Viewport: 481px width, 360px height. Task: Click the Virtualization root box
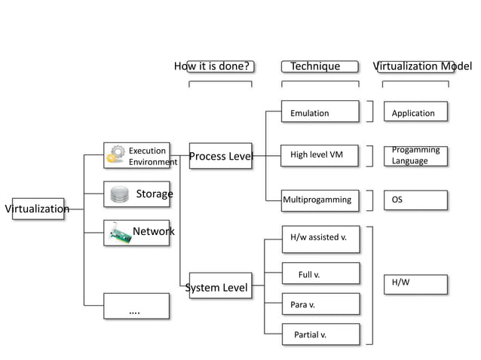click(x=38, y=209)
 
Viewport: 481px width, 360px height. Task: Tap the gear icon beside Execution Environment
click(x=115, y=154)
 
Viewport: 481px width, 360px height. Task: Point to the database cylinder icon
click(x=119, y=194)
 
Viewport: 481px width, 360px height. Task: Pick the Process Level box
click(x=220, y=157)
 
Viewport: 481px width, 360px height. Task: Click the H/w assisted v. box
click(x=320, y=238)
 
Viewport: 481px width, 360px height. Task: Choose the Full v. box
click(x=320, y=275)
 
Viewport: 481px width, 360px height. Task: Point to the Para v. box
click(x=320, y=305)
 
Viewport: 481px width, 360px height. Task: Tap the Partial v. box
click(x=320, y=334)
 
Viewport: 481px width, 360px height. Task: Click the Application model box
click(x=415, y=113)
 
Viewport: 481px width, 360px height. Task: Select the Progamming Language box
click(x=415, y=155)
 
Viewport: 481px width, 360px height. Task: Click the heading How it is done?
click(x=211, y=66)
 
